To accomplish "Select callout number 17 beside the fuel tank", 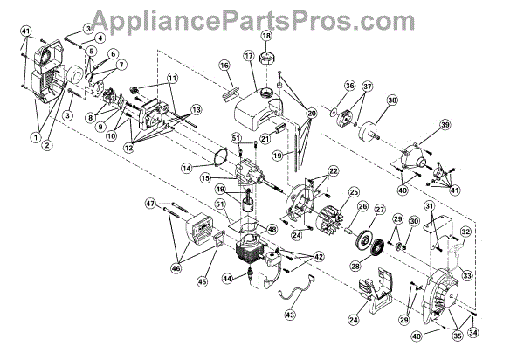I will tap(248, 56).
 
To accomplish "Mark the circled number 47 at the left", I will tap(151, 203).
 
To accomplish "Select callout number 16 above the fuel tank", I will tap(224, 66).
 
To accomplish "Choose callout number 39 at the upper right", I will tap(445, 125).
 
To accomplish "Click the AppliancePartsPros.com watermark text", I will tap(263, 15).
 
